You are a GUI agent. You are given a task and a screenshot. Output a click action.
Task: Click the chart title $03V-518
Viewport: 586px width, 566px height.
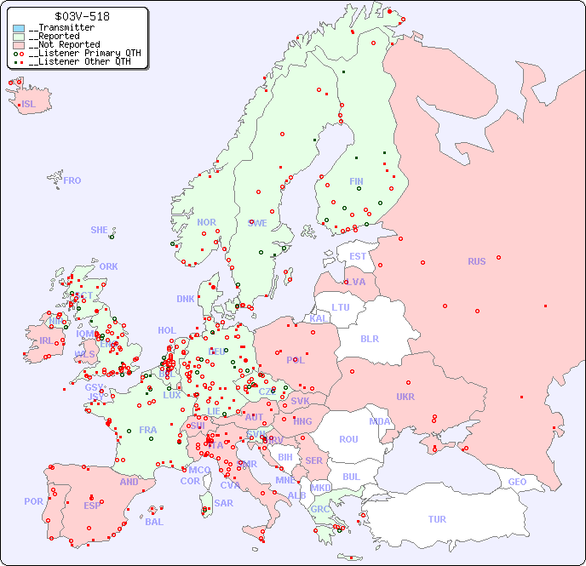tap(81, 16)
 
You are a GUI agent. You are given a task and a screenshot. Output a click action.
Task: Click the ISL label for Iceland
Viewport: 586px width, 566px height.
tap(29, 105)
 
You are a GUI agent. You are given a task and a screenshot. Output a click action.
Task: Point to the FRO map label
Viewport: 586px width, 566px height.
tap(72, 180)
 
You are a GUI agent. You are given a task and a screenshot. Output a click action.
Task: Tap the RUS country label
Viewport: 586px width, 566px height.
tap(476, 261)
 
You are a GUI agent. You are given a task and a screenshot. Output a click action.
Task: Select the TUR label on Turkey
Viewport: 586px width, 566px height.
tap(437, 519)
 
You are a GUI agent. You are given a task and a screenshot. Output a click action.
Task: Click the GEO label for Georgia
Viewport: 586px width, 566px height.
tap(517, 482)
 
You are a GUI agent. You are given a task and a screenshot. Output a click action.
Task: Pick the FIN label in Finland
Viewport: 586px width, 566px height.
tap(356, 181)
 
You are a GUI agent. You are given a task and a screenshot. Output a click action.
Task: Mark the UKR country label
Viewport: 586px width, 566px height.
tap(405, 397)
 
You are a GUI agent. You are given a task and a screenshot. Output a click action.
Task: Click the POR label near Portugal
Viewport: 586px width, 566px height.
tap(33, 501)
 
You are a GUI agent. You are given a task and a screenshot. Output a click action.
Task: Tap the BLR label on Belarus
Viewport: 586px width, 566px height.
tap(370, 338)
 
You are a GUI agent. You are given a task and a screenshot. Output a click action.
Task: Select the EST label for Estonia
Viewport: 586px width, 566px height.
tap(358, 256)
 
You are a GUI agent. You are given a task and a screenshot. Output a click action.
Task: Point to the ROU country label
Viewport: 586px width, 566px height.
tap(348, 439)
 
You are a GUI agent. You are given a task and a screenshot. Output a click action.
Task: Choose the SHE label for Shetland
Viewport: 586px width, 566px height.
tap(100, 230)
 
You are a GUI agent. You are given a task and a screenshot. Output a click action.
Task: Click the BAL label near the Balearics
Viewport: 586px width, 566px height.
tap(154, 522)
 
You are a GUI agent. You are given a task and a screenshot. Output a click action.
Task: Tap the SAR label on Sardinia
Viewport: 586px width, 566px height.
tap(224, 503)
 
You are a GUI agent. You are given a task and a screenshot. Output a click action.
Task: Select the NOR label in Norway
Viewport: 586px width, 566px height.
tap(206, 222)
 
